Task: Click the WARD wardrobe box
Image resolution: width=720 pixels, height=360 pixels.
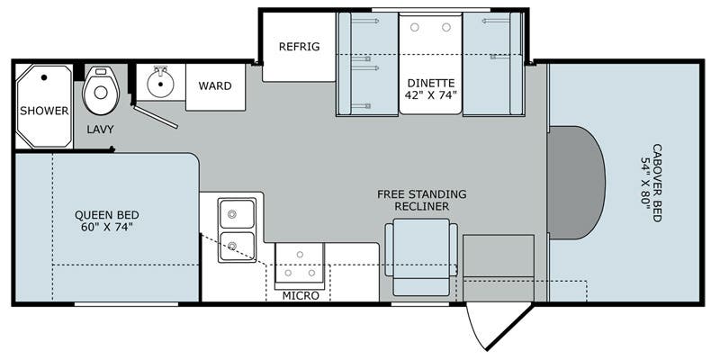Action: (215, 86)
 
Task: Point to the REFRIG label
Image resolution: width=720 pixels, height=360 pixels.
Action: (300, 47)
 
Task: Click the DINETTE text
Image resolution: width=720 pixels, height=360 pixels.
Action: (431, 81)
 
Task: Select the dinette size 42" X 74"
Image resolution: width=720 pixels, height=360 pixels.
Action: (431, 94)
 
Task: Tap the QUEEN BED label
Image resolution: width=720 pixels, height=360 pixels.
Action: (106, 214)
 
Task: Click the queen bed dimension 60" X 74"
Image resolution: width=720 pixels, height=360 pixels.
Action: (106, 228)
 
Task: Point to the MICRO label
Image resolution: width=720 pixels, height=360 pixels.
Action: (301, 295)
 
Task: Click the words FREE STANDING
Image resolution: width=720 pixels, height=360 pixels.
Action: (422, 193)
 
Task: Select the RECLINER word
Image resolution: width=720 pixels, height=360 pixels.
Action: (422, 206)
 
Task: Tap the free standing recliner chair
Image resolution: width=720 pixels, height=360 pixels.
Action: (420, 255)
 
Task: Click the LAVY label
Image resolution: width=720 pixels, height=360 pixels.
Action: (100, 129)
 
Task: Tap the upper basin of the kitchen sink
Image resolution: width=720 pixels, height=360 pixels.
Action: (238, 214)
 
